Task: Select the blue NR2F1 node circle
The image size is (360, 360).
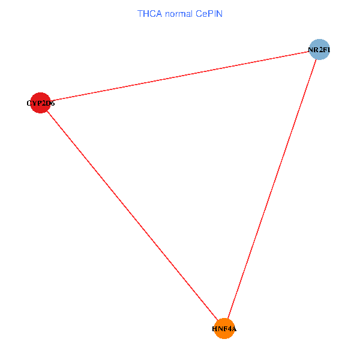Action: point(319,50)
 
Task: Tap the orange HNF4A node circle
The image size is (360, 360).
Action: point(224,329)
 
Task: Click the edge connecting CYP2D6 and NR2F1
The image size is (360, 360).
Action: point(179,76)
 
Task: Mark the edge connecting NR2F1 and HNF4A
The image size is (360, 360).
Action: point(271,189)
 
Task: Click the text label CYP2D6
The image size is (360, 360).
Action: point(41,103)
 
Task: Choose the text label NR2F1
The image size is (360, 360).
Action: point(319,50)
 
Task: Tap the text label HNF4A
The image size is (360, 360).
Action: point(224,329)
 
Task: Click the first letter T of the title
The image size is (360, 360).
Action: point(140,14)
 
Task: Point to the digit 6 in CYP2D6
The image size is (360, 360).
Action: point(53,103)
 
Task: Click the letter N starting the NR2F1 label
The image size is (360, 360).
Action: point(311,50)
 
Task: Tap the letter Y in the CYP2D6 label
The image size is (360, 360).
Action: point(35,103)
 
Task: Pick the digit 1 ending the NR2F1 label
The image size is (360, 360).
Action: point(328,50)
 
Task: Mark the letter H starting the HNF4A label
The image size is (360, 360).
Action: point(215,329)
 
